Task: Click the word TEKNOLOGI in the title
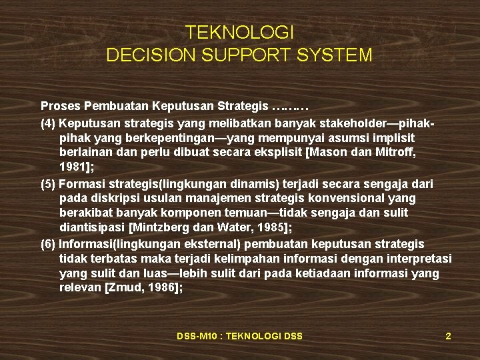click(x=239, y=33)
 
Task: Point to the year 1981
click(x=71, y=167)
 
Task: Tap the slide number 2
click(x=448, y=336)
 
